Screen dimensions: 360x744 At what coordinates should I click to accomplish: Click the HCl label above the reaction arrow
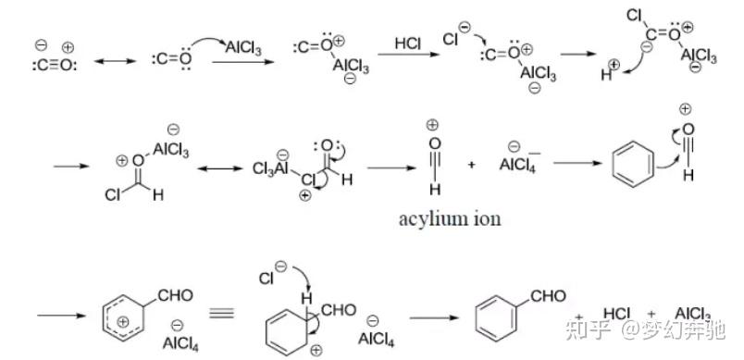coord(408,43)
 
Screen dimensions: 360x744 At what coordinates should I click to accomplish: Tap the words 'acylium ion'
coord(449,220)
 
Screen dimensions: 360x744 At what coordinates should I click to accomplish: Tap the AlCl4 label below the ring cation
coord(179,343)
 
